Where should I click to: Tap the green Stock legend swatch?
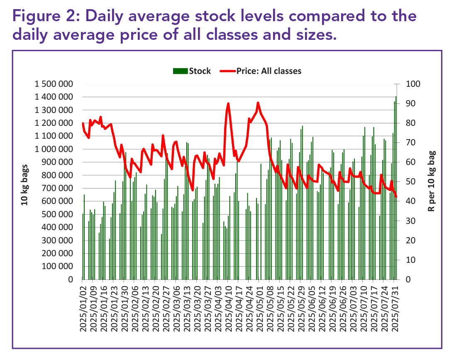tap(180, 71)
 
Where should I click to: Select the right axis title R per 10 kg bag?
tap(431, 181)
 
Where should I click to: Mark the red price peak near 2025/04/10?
tap(228, 104)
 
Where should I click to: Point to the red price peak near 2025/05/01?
tap(258, 103)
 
